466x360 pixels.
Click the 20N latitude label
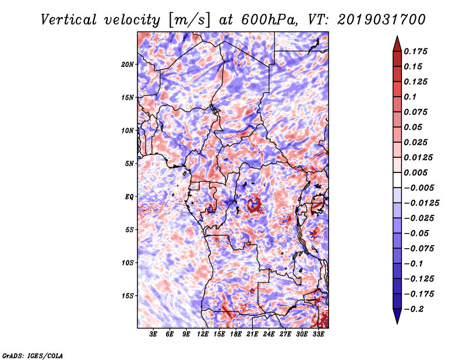(x=127, y=64)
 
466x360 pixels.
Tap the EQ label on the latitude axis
(x=129, y=196)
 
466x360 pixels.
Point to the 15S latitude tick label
(x=127, y=296)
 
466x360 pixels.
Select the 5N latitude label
(x=129, y=164)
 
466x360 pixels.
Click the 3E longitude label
(x=153, y=334)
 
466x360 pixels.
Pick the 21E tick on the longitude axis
(x=252, y=334)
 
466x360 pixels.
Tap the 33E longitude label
(x=318, y=334)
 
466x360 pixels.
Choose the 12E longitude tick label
(x=202, y=334)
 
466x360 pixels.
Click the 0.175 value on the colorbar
(x=415, y=51)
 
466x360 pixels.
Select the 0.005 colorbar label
(x=415, y=172)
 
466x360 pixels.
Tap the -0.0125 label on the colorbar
(x=421, y=203)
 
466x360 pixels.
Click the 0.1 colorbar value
(x=410, y=97)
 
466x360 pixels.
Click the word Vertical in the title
(x=68, y=20)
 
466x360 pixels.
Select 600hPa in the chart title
(x=269, y=20)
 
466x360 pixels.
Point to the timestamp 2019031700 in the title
(x=382, y=20)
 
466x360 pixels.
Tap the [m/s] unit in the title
(x=189, y=20)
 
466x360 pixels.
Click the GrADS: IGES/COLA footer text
(x=33, y=355)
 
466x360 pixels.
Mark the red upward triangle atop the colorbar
(x=397, y=44)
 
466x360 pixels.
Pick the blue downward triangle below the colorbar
(x=397, y=316)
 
